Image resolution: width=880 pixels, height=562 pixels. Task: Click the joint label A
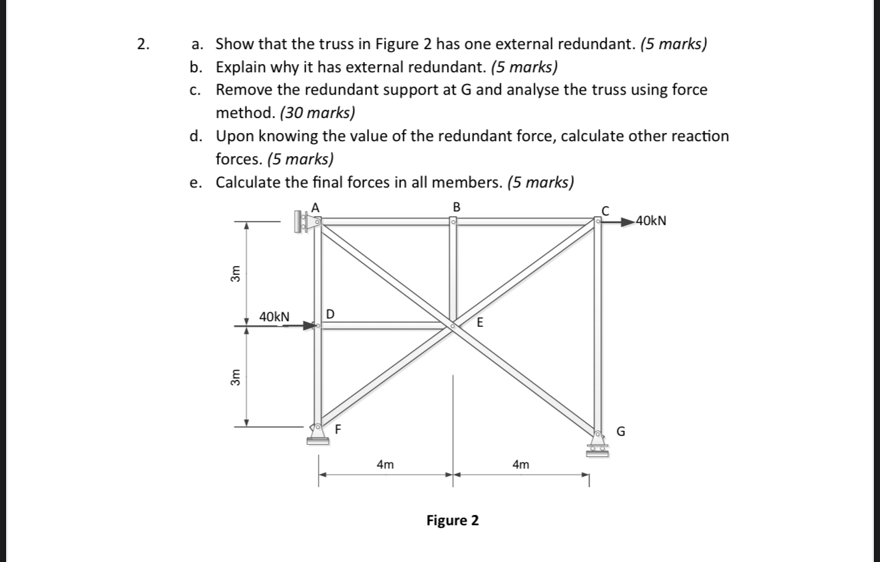click(315, 206)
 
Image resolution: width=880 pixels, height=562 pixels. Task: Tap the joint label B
click(456, 206)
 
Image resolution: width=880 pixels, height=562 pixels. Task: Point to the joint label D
click(330, 314)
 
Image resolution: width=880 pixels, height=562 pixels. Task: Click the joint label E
click(480, 323)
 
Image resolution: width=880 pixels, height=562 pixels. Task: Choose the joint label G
click(620, 431)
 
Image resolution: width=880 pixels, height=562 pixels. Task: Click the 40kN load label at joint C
click(651, 220)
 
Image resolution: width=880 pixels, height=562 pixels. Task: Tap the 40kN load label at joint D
click(274, 317)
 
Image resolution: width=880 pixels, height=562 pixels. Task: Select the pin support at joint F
click(317, 434)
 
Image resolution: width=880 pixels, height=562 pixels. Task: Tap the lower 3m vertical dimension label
click(235, 377)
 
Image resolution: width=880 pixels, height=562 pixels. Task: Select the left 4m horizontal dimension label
click(385, 465)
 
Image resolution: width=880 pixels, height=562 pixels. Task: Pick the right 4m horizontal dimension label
click(520, 465)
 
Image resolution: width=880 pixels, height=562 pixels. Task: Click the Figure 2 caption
click(452, 521)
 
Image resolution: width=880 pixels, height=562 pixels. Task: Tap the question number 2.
click(141, 45)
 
